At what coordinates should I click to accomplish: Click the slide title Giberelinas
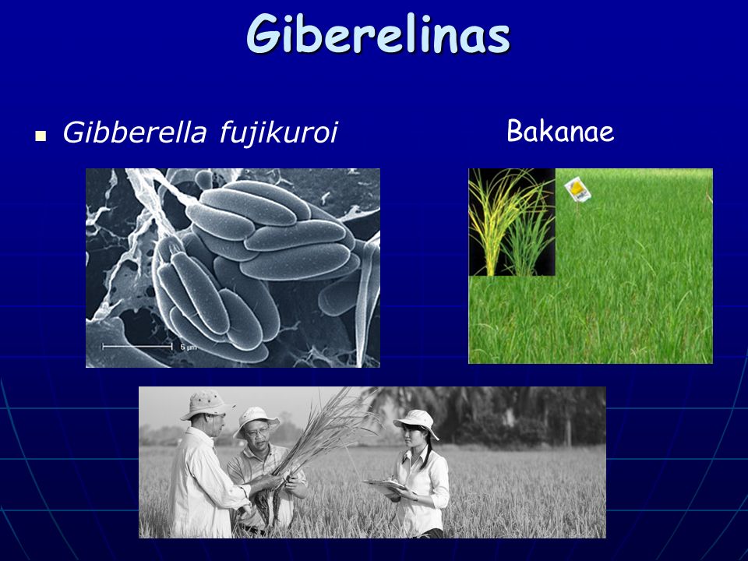point(379,34)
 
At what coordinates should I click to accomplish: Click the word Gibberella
point(135,132)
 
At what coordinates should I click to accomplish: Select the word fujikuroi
point(279,133)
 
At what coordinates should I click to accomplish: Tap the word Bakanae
point(560,131)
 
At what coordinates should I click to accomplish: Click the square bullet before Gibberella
point(41,136)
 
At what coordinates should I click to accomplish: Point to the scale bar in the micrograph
point(137,346)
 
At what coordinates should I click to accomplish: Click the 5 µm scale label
point(189,348)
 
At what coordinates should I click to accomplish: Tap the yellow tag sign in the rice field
point(577,189)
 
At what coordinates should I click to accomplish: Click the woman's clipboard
point(387,485)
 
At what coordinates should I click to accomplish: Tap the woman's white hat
point(416,422)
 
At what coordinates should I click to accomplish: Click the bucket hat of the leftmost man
point(206,404)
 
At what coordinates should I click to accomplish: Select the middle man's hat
point(256,418)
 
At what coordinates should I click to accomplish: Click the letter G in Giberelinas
point(263,34)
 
